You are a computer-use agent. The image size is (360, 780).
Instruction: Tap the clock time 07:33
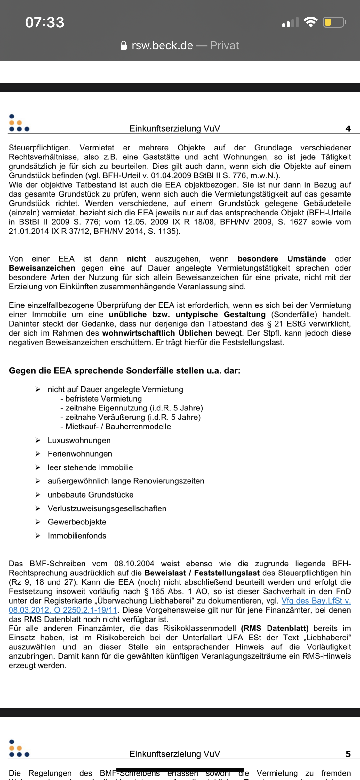click(45, 22)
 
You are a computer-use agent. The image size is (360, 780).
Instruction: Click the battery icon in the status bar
click(334, 22)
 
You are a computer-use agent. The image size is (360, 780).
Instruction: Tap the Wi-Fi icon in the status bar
click(310, 22)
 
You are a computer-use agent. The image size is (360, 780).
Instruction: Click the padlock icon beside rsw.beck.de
click(124, 45)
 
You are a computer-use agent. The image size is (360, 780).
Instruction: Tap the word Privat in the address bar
click(225, 45)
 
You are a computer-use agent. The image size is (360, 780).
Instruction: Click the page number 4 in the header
click(348, 128)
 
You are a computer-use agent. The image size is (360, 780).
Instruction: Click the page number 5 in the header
click(348, 754)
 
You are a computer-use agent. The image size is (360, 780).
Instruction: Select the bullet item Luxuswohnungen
click(79, 440)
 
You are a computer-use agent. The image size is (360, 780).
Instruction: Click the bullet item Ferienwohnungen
click(80, 454)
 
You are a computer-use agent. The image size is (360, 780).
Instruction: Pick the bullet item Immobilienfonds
click(77, 536)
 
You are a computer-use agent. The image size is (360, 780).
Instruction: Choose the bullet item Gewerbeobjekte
click(77, 522)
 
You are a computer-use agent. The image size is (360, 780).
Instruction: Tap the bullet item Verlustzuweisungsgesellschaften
click(107, 508)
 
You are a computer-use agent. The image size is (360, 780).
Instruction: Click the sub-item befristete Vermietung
click(103, 399)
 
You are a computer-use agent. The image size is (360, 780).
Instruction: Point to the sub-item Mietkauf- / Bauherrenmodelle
click(118, 427)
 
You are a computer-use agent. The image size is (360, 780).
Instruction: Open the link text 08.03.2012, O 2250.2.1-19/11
click(63, 610)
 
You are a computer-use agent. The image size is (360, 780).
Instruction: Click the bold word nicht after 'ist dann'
click(136, 259)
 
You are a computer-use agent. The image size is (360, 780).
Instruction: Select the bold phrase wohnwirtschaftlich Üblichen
click(157, 333)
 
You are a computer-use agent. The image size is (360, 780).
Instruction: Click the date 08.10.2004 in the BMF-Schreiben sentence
click(134, 564)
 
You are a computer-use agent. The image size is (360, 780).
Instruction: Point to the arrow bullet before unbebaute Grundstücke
click(38, 495)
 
